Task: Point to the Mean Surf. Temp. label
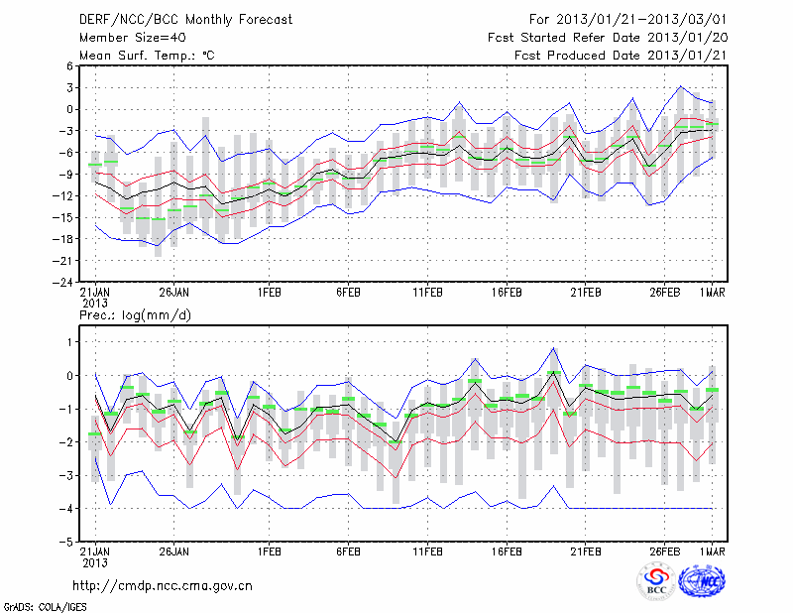[x=147, y=56]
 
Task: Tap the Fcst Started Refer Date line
[x=608, y=38]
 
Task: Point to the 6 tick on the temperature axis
[x=70, y=66]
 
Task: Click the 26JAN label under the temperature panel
[x=173, y=294]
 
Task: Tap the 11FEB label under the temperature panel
[x=427, y=294]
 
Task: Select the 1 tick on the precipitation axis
[x=70, y=342]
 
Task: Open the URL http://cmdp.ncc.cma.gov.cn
[x=164, y=585]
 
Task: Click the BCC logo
[x=656, y=582]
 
